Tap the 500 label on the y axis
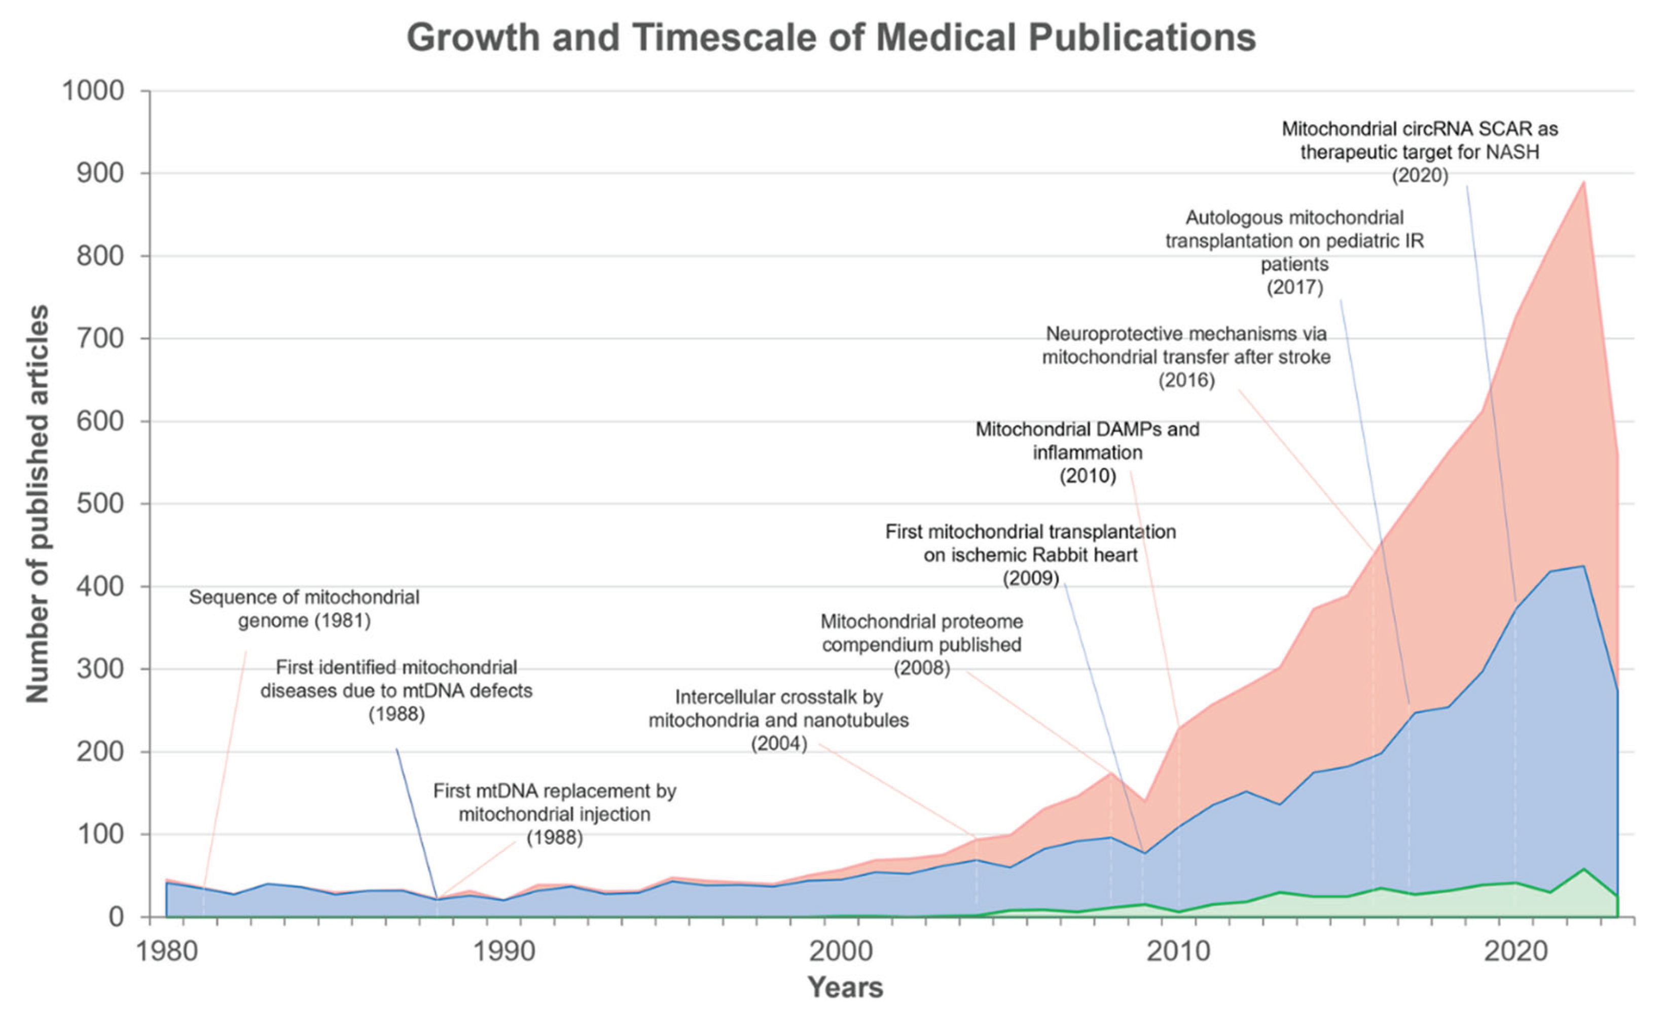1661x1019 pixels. click(x=101, y=504)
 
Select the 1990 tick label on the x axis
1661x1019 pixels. click(x=504, y=952)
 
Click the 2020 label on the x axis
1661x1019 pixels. click(x=1516, y=952)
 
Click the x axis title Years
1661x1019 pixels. click(x=845, y=988)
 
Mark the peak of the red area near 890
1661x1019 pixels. click(x=1583, y=182)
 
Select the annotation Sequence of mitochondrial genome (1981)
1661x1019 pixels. click(x=304, y=609)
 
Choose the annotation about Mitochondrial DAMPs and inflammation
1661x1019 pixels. click(x=1088, y=452)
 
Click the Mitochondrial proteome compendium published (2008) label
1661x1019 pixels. click(x=921, y=644)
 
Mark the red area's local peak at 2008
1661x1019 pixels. click(x=1111, y=773)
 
